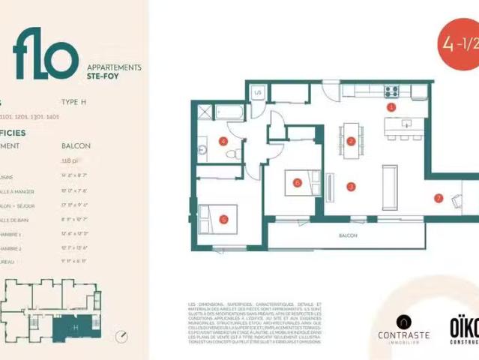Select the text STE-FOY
pos(100,76)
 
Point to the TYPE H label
pos(74,103)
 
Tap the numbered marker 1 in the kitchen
pos(390,107)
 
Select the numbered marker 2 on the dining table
pos(350,141)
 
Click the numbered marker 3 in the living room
pos(350,186)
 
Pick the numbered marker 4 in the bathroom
pos(223,140)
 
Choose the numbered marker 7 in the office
pos(439,199)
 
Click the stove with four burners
pos(391,92)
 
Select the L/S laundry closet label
pos(257,91)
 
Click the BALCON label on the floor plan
pos(347,235)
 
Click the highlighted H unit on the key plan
pos(75,326)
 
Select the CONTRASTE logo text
pos(403,335)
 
